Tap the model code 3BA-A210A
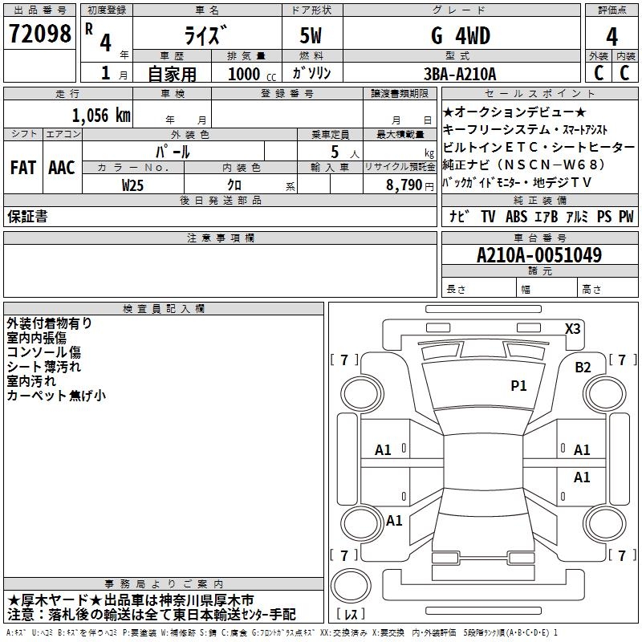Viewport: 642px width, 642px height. point(460,74)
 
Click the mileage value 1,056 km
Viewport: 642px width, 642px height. point(101,115)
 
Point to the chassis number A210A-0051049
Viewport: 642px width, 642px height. point(538,255)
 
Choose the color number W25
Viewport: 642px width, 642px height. point(133,184)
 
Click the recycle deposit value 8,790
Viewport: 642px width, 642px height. point(398,184)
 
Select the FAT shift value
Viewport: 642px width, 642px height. point(22,168)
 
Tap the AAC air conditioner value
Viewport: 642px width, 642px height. point(62,168)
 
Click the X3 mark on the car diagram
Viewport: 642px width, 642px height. point(572,328)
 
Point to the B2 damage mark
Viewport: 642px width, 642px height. point(583,368)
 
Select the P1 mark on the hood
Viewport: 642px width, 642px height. point(518,386)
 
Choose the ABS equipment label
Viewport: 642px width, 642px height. point(516,216)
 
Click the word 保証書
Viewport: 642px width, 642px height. point(27,216)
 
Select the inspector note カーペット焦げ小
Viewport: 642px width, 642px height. point(56,396)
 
